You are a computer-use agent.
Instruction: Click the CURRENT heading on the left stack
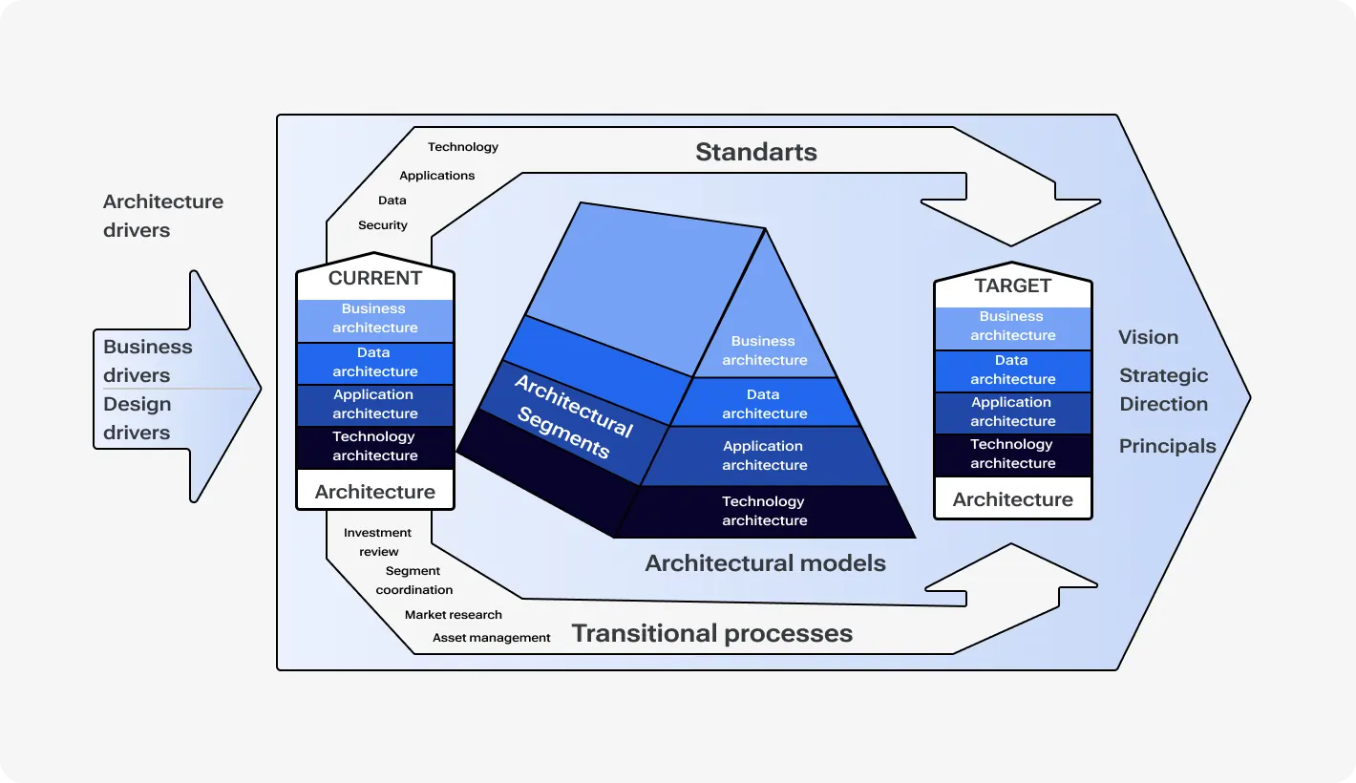pyautogui.click(x=374, y=279)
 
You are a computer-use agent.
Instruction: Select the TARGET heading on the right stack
pyautogui.click(x=1012, y=286)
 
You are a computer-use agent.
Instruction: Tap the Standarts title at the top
pyautogui.click(x=755, y=152)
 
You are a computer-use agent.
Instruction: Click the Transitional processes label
pyautogui.click(x=711, y=633)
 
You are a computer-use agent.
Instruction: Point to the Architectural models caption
pyautogui.click(x=765, y=563)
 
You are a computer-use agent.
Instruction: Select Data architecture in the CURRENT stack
pyautogui.click(x=374, y=362)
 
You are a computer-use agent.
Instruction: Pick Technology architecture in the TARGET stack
pyautogui.click(x=1012, y=454)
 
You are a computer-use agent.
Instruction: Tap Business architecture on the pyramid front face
pyautogui.click(x=764, y=350)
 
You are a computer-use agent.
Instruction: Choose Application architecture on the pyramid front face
pyautogui.click(x=764, y=455)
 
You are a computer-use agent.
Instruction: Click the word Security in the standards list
pyautogui.click(x=382, y=225)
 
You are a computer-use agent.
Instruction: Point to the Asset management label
pyautogui.click(x=491, y=638)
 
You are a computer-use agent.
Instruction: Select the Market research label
pyautogui.click(x=453, y=615)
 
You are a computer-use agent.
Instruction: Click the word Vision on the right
pyautogui.click(x=1148, y=337)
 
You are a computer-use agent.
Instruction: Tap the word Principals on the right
pyautogui.click(x=1167, y=446)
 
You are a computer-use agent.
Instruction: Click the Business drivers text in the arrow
pyautogui.click(x=148, y=361)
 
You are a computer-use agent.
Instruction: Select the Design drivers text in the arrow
pyautogui.click(x=137, y=418)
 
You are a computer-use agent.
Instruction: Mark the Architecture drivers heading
pyautogui.click(x=162, y=216)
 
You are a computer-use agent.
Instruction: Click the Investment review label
pyautogui.click(x=377, y=542)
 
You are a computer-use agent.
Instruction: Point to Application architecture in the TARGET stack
pyautogui.click(x=1012, y=412)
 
